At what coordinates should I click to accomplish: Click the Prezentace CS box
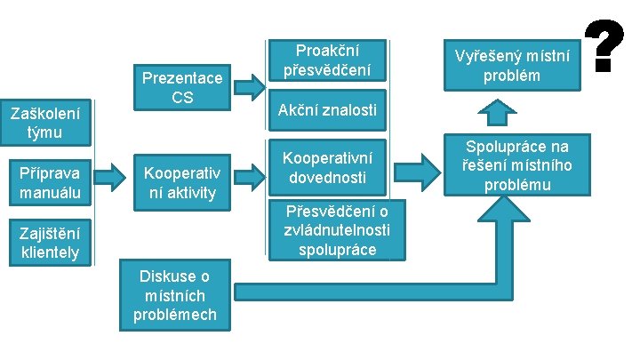click(182, 87)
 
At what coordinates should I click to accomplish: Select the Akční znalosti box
click(326, 111)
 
